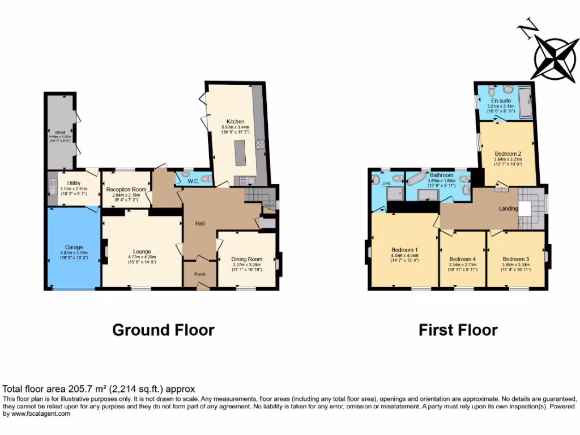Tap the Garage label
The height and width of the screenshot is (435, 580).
coord(74,247)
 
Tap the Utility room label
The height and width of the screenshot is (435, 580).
coord(74,183)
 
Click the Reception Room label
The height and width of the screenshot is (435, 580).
coord(126,189)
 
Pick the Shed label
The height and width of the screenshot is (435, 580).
coord(61,133)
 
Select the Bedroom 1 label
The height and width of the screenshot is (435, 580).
coord(404,250)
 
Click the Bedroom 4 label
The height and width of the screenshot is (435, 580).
coord(462,258)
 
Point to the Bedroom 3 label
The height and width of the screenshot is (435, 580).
coord(515,258)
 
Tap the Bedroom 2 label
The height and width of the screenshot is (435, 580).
coord(507,153)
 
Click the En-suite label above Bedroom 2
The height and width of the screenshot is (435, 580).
coord(501,100)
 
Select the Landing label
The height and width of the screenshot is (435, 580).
coord(508,208)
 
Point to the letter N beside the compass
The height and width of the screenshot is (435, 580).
coord(528,28)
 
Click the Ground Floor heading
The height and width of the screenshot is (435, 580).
coord(163,330)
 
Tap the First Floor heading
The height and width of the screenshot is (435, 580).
coord(458,330)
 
